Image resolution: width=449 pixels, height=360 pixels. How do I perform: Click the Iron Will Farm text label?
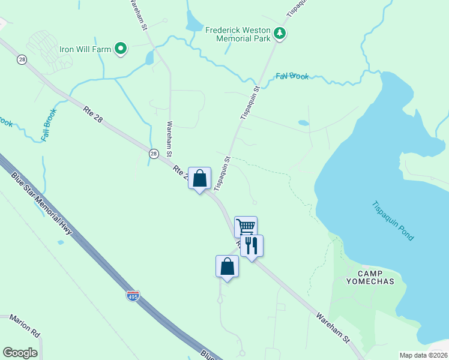tap(85, 49)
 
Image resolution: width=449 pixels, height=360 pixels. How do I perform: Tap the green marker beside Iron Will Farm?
tap(121, 49)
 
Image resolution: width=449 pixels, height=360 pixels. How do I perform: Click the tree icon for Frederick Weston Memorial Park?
tap(279, 34)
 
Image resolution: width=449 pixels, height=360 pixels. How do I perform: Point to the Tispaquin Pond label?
tap(393, 220)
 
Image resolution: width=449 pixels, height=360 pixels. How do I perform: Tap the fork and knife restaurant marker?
tap(252, 245)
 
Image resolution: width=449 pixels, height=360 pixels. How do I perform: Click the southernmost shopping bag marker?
tap(227, 266)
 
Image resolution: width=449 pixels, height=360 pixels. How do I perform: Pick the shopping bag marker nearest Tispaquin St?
tap(199, 178)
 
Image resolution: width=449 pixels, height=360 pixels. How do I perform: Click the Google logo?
tap(20, 353)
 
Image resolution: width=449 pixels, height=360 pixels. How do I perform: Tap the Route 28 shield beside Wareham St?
tap(154, 154)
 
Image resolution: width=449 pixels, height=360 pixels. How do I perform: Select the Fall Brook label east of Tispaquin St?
tap(292, 76)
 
